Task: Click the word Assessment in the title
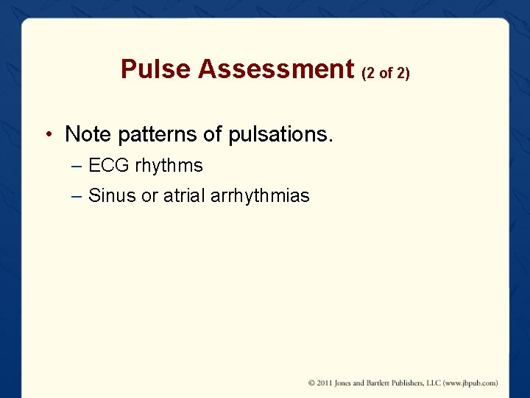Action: [x=276, y=69]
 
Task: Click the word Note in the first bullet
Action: [x=87, y=134]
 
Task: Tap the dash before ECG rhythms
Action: [x=78, y=166]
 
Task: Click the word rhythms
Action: [x=169, y=166]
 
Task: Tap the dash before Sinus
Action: [x=78, y=196]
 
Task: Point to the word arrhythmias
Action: [x=259, y=196]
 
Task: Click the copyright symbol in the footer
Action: [x=312, y=383]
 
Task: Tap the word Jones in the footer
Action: [x=346, y=383]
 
